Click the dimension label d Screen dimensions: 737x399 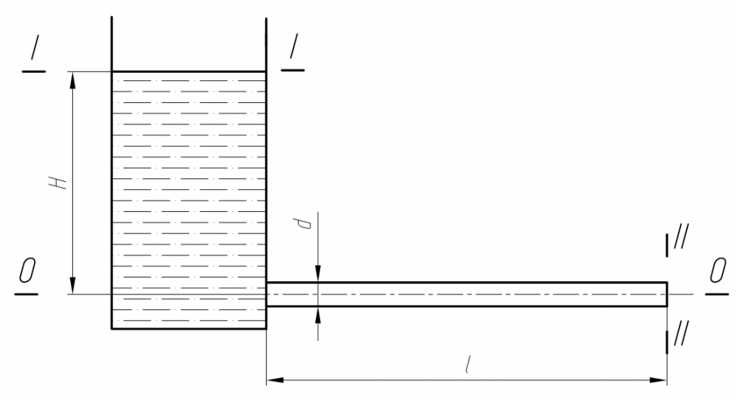[306, 223]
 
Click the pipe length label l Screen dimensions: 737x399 [467, 365]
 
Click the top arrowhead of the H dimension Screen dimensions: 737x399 [72, 80]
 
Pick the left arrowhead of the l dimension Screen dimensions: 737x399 [275, 379]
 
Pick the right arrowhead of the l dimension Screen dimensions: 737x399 [658, 379]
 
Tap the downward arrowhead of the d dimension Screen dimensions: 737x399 [318, 274]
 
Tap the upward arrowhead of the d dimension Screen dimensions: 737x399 [318, 315]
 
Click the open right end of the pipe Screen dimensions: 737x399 [667, 294]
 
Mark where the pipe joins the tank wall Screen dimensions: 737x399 [267, 294]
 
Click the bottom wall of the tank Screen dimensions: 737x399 [189, 328]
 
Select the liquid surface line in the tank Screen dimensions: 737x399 [189, 72]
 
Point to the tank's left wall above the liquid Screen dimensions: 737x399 [111, 44]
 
